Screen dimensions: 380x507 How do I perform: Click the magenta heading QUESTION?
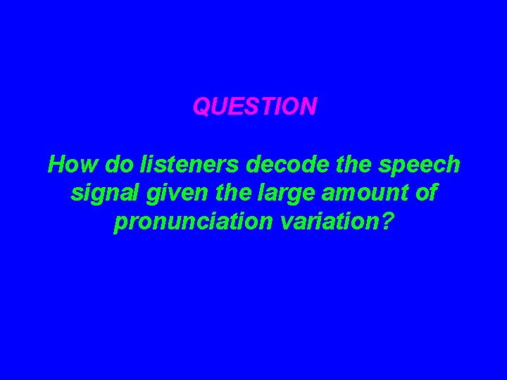255,107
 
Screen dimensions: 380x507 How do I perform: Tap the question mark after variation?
387,222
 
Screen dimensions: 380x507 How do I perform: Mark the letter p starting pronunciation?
120,224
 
